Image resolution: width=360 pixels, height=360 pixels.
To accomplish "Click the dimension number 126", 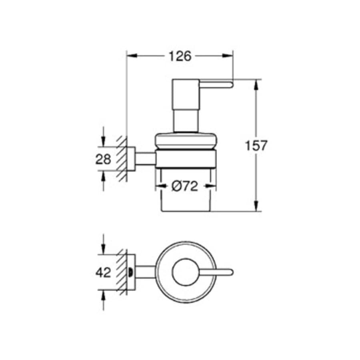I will point(179,56).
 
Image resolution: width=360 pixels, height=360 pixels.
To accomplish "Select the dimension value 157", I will point(256,146).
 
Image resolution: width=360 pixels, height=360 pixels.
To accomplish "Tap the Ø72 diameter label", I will point(185,186).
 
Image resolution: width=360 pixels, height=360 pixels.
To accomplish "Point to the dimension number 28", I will point(103,159).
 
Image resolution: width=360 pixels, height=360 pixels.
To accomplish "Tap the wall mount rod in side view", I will point(146,159).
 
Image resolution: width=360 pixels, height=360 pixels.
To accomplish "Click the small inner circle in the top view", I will point(185,272).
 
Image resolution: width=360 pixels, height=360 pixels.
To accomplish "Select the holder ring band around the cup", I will point(186,159).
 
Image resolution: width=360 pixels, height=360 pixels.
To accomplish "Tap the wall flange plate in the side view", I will point(131,159).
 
